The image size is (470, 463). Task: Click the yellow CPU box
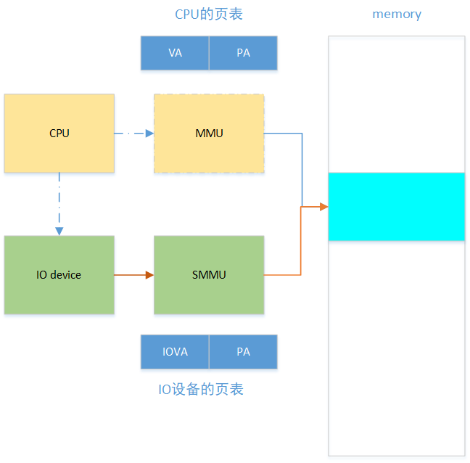tap(59, 133)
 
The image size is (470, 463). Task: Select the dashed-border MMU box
tap(209, 133)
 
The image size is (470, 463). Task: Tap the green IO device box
tap(59, 274)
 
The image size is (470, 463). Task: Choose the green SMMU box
tap(209, 274)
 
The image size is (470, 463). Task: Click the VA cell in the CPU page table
tap(175, 53)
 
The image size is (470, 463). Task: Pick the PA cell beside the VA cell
tap(243, 53)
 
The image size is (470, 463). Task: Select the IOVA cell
tap(175, 351)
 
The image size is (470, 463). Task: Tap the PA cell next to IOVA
tap(243, 351)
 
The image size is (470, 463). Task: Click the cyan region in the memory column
tap(396, 206)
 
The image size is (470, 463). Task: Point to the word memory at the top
tap(396, 15)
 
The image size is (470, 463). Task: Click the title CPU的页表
tap(209, 15)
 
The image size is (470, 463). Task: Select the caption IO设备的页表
tap(201, 390)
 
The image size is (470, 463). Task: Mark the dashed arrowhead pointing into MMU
tap(149, 133)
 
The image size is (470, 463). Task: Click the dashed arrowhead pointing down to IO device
tap(59, 231)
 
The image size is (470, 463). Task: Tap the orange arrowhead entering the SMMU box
tap(149, 274)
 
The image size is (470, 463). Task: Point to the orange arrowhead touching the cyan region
tap(323, 207)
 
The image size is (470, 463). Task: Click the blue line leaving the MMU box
tap(283, 134)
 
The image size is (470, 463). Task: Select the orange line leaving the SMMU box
tap(283, 274)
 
